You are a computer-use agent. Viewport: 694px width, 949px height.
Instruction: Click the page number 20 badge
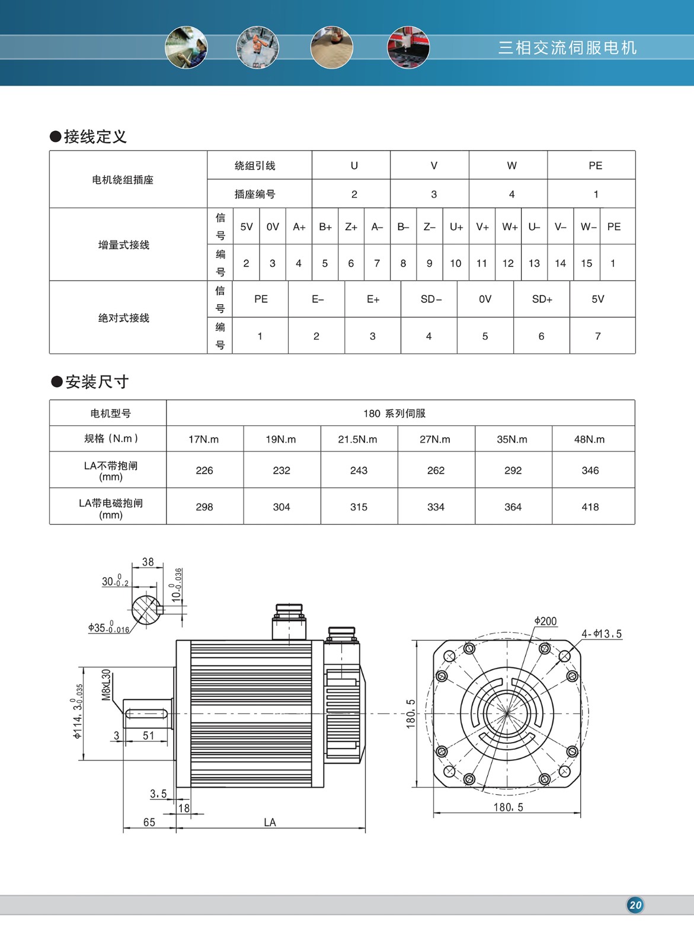(635, 905)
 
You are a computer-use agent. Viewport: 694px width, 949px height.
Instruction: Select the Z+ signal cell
(351, 227)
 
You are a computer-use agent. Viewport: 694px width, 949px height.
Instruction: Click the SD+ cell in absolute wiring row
(542, 300)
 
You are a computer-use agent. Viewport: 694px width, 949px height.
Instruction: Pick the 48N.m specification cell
(589, 440)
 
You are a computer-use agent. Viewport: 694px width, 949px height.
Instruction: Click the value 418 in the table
(590, 507)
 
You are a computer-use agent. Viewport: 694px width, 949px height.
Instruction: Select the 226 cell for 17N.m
(204, 470)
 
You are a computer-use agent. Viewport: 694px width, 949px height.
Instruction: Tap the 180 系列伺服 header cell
(394, 413)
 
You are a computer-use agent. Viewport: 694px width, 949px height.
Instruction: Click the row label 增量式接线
(124, 245)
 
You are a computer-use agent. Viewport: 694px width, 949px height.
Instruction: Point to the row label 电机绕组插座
(123, 180)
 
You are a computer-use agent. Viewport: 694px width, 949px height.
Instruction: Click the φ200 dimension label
(545, 621)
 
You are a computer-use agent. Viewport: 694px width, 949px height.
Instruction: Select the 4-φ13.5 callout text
(602, 634)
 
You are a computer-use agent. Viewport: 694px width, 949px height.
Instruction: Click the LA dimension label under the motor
(270, 823)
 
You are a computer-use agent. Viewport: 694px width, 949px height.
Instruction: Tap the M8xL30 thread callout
(107, 685)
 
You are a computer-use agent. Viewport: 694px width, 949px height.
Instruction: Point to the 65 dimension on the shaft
(149, 823)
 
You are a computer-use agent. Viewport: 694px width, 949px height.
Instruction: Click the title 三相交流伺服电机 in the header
(567, 48)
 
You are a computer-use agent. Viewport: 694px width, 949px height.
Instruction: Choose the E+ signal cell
(373, 300)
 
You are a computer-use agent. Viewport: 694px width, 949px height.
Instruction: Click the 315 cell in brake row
(359, 507)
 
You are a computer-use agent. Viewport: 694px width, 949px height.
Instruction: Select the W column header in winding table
(511, 165)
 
